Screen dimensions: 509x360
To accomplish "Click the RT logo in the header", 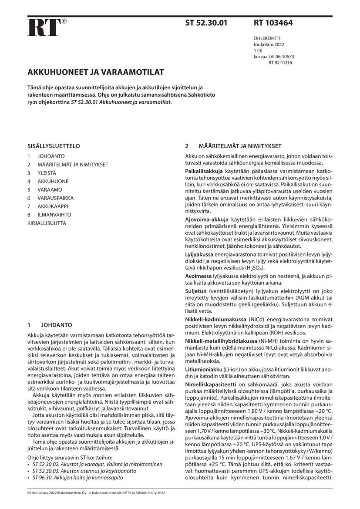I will pos(44,27).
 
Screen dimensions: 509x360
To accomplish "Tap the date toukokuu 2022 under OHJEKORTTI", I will pos(269,44).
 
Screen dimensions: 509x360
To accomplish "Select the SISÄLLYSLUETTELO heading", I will pos(54,146).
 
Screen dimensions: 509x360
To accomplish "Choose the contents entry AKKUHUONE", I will pos(53,181).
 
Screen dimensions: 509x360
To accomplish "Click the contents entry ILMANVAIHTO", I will pos(54,215).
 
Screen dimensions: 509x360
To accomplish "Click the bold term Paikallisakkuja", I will pos(204,172).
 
